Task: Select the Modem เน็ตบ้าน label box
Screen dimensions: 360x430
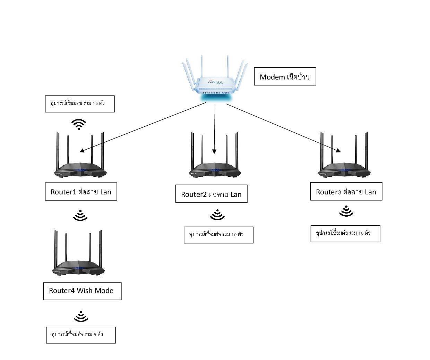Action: (285, 76)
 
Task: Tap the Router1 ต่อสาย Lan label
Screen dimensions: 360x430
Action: (81, 192)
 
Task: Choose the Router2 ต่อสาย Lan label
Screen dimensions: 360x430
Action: (211, 194)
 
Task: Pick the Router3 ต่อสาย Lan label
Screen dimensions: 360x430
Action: (346, 192)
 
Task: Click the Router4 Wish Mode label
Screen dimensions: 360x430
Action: (82, 291)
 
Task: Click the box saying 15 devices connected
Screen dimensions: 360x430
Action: (80, 104)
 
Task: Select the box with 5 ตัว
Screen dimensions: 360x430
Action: (81, 335)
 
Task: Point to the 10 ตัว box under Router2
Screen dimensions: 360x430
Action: (218, 235)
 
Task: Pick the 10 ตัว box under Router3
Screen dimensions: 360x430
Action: (345, 233)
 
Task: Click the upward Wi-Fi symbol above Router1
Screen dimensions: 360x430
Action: (79, 124)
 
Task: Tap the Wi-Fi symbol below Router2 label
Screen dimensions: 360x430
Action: (217, 215)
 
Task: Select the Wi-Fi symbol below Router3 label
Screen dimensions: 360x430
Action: (346, 211)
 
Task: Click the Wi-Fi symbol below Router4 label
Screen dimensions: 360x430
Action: (81, 316)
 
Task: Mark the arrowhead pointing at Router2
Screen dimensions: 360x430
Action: (214, 151)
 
